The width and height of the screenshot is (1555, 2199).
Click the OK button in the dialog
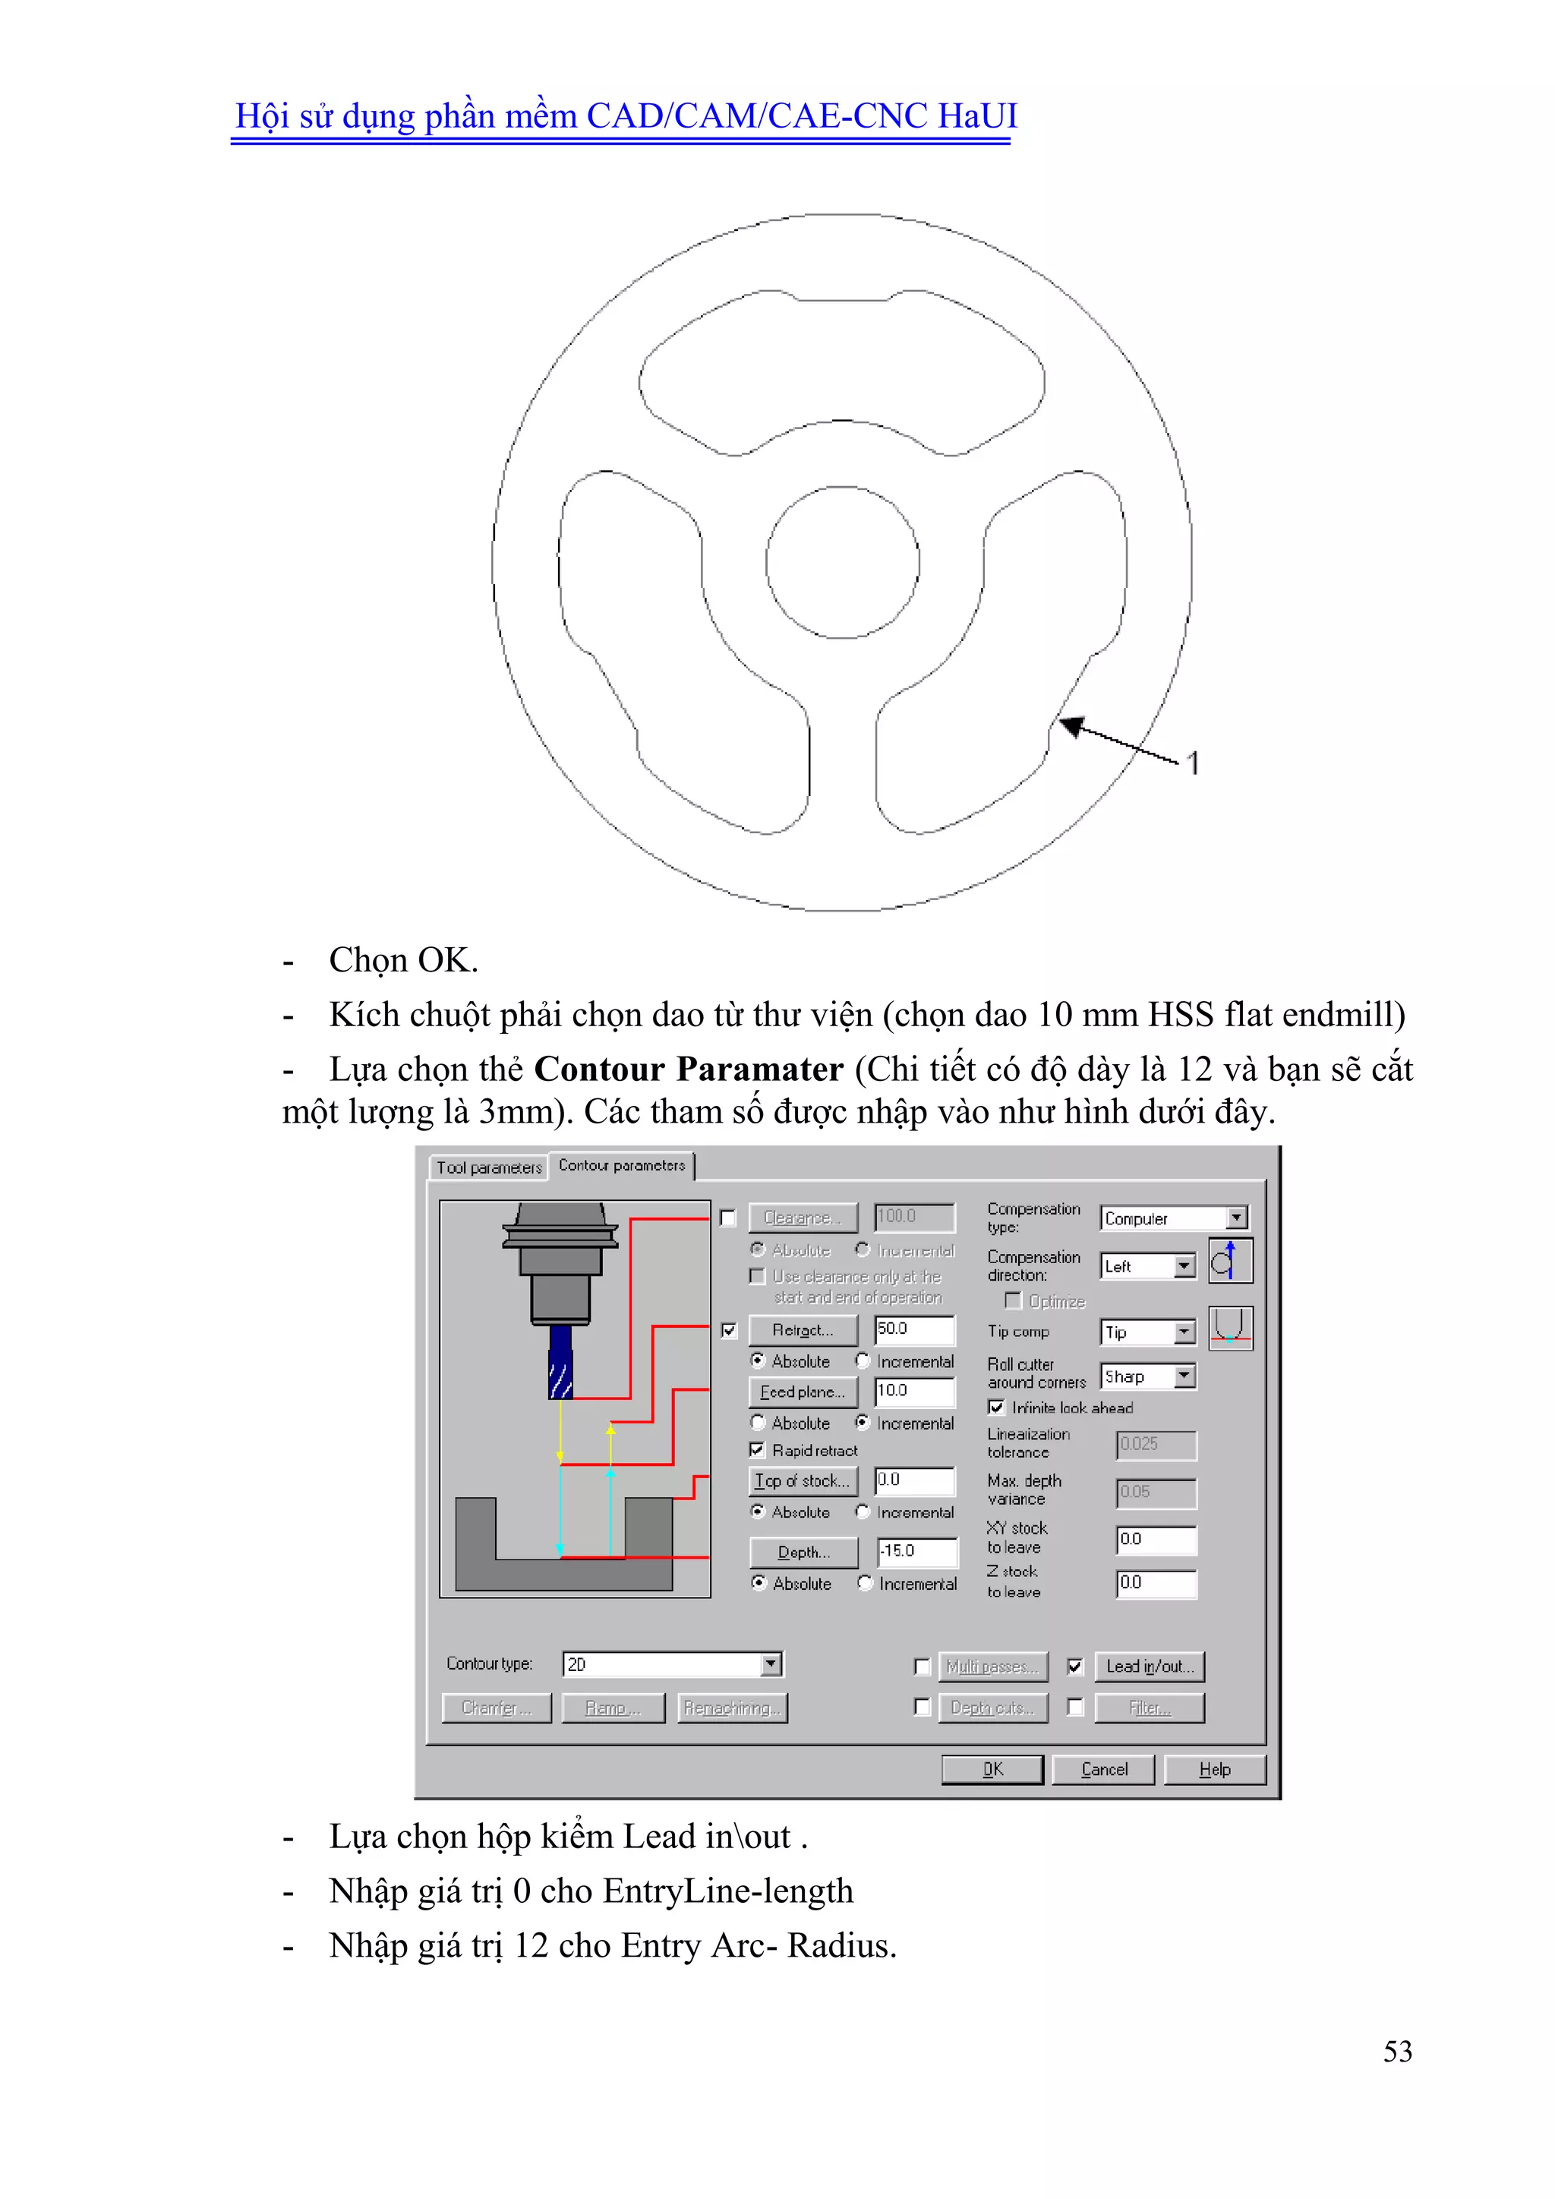pyautogui.click(x=992, y=1769)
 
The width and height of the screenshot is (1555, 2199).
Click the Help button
pyautogui.click(x=1214, y=1769)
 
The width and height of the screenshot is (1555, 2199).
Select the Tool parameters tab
pyautogui.click(x=488, y=1167)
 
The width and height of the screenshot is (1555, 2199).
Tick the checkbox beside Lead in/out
pyautogui.click(x=1075, y=1667)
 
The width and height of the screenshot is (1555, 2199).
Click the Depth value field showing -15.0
pyautogui.click(x=916, y=1550)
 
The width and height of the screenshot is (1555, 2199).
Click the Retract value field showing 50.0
pyautogui.click(x=913, y=1329)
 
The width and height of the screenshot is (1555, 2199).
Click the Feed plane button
pyautogui.click(x=803, y=1392)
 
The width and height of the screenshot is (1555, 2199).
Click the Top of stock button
pyautogui.click(x=803, y=1480)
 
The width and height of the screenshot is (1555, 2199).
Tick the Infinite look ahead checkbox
pyautogui.click(x=996, y=1407)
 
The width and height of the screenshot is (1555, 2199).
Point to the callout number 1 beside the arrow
pyautogui.click(x=1192, y=763)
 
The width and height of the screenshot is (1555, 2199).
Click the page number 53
pyautogui.click(x=1397, y=2051)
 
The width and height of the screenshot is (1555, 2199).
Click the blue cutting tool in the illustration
pyautogui.click(x=560, y=1362)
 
